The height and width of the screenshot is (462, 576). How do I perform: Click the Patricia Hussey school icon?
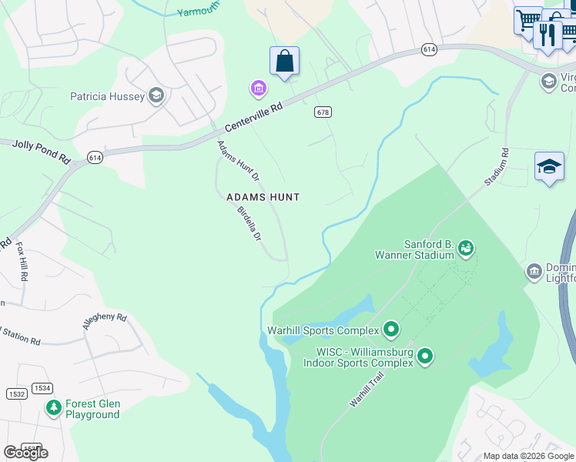click(156, 95)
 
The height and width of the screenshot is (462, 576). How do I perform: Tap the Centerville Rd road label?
click(254, 118)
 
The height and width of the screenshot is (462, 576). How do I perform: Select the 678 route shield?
click(323, 112)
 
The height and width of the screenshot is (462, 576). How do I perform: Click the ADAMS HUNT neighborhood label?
click(263, 197)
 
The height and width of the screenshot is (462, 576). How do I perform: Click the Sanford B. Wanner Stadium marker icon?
click(465, 248)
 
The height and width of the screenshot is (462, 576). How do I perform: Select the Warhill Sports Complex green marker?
click(391, 330)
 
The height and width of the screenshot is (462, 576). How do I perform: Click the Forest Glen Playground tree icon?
click(53, 407)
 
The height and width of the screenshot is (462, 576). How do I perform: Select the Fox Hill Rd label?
click(22, 262)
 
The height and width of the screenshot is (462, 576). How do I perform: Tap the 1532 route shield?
click(16, 393)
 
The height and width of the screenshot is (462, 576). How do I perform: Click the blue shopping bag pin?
click(284, 62)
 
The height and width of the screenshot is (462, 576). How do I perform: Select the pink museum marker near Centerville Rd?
click(259, 89)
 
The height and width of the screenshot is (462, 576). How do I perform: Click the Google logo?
click(25, 453)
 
